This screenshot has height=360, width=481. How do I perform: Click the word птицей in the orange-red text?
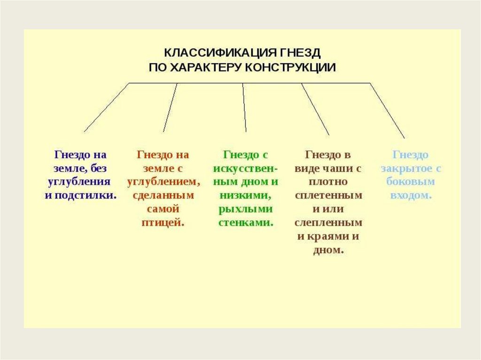coord(162,222)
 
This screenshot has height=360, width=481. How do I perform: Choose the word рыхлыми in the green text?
coord(245,209)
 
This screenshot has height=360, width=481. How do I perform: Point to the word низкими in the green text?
coord(244,195)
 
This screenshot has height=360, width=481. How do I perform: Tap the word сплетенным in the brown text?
coord(328,195)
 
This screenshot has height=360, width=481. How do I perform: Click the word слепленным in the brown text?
coord(328,222)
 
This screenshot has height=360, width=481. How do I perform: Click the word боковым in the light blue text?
coord(411,182)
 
